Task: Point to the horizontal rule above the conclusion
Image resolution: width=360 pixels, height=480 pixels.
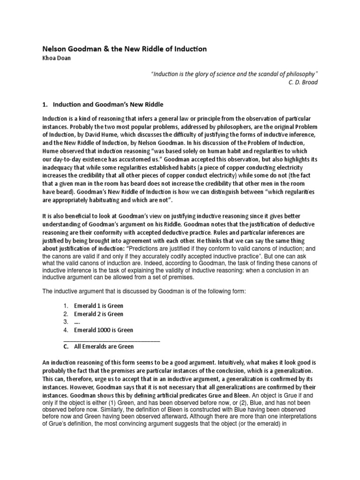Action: (112, 339)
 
